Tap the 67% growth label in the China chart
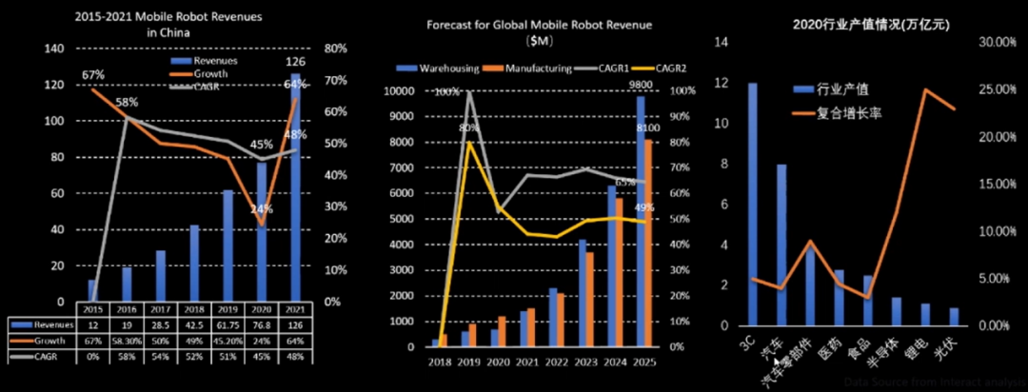tap(93, 74)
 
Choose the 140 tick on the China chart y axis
tap(55, 49)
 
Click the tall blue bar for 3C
tap(753, 204)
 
